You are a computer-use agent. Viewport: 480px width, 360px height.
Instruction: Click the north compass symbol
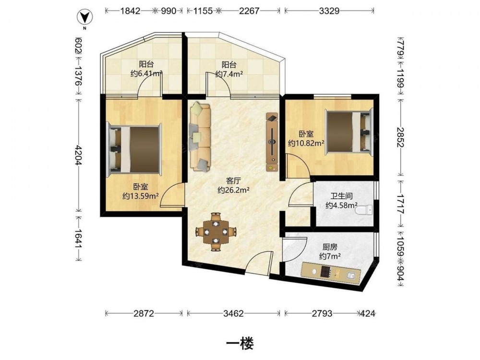click(85, 18)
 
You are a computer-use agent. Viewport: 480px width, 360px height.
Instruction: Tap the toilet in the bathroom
click(364, 210)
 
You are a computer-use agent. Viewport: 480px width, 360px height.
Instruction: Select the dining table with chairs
click(216, 232)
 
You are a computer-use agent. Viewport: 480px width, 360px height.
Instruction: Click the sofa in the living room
click(200, 137)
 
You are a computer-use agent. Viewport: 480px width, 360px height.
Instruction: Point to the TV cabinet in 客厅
click(272, 142)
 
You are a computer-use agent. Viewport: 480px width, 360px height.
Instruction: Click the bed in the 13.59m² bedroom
click(134, 150)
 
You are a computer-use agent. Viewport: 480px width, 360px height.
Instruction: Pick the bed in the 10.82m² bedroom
click(349, 132)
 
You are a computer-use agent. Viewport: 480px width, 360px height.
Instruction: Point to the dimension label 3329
click(329, 11)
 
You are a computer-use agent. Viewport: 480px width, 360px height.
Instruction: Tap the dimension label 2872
click(144, 313)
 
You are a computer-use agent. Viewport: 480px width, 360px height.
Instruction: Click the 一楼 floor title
click(240, 344)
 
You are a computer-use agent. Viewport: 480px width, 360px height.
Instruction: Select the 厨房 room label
click(330, 247)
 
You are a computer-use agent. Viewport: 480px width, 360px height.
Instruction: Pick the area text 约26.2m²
click(233, 190)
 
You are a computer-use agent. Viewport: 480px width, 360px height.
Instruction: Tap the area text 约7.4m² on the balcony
click(229, 74)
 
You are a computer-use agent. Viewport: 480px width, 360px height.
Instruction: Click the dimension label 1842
click(130, 11)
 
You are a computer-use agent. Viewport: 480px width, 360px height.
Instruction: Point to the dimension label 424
click(368, 313)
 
